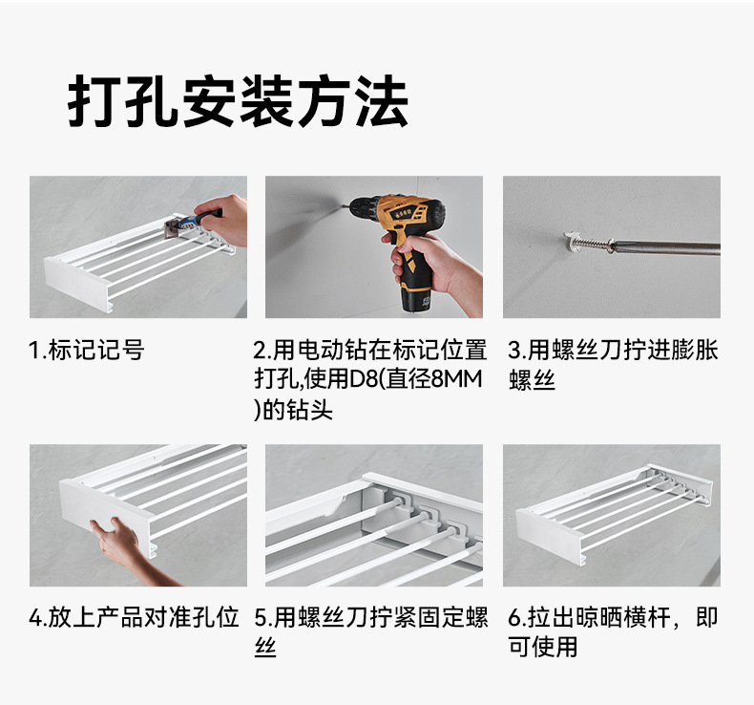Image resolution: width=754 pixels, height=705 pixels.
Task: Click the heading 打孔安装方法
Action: pyautogui.click(x=238, y=101)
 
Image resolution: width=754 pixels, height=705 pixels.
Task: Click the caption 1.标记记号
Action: pyautogui.click(x=86, y=351)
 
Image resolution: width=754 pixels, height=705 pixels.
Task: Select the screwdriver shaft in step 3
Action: pyautogui.click(x=668, y=248)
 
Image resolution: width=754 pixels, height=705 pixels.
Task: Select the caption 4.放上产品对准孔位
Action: pyautogui.click(x=134, y=617)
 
